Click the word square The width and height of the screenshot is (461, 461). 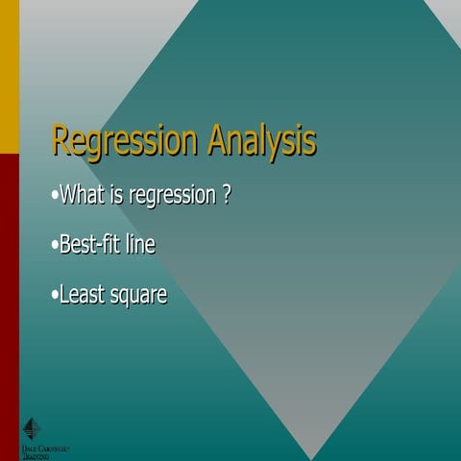coord(139,296)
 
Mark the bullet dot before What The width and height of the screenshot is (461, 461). coord(54,198)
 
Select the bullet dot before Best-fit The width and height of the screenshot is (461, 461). coord(54,246)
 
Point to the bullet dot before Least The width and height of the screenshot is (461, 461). coord(54,295)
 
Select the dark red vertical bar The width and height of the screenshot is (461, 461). coord(9,288)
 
